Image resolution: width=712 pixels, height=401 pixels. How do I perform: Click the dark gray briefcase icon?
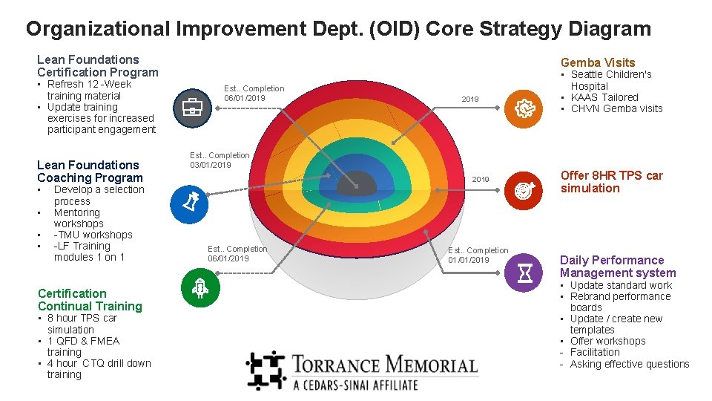pyautogui.click(x=192, y=108)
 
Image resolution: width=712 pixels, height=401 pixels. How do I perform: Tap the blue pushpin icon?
pyautogui.click(x=190, y=203)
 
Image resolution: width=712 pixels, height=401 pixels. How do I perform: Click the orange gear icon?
pyautogui.click(x=524, y=108)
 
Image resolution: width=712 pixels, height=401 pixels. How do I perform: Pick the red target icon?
pyautogui.click(x=524, y=191)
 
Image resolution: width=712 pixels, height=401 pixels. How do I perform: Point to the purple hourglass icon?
pyautogui.click(x=524, y=273)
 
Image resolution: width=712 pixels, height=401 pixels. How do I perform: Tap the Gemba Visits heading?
pyautogui.click(x=598, y=62)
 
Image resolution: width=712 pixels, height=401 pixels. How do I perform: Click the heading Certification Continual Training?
pyautogui.click(x=89, y=300)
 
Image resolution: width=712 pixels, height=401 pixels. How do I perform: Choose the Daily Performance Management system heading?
pyautogui.click(x=617, y=266)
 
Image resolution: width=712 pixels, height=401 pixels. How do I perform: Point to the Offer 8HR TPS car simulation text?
pyautogui.click(x=611, y=182)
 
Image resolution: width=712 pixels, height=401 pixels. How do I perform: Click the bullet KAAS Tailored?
pyautogui.click(x=604, y=97)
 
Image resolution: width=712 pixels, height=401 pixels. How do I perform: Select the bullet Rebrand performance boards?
pyautogui.click(x=619, y=301)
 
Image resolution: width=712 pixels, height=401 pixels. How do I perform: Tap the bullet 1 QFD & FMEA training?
pyautogui.click(x=82, y=346)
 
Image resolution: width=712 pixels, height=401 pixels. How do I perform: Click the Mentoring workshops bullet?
pyautogui.click(x=78, y=218)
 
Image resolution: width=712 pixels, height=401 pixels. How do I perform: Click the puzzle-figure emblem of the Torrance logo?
pyautogui.click(x=266, y=370)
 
